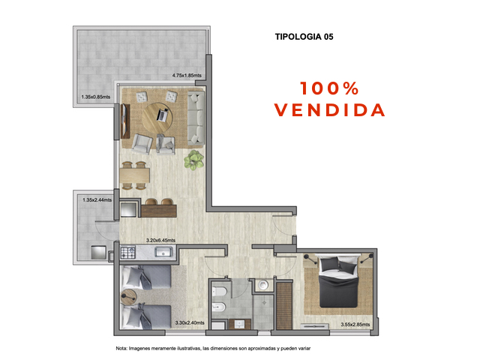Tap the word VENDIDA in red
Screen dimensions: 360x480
pos(330,109)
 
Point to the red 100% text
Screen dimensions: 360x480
pos(330,88)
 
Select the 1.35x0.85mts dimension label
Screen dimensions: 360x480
pos(96,97)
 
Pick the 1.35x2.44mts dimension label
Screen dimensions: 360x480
pos(96,201)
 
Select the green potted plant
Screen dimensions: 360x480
pos(196,158)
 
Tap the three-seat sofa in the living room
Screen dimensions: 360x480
pos(196,117)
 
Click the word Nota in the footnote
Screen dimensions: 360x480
pos(121,349)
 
